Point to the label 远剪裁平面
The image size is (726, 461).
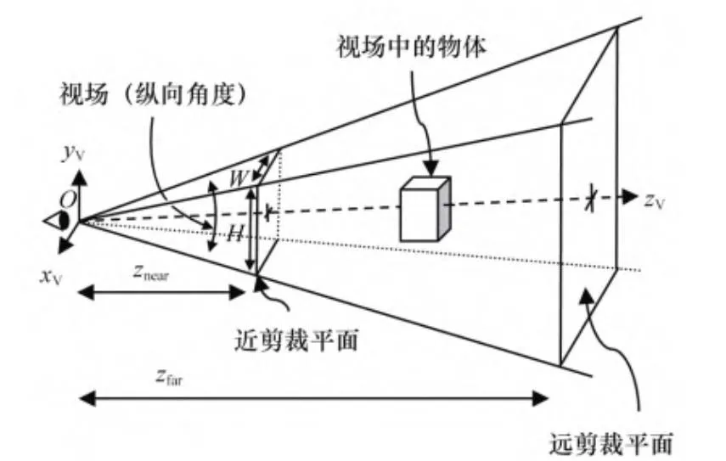click(611, 442)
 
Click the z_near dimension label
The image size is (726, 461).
click(157, 273)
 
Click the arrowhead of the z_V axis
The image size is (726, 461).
click(631, 197)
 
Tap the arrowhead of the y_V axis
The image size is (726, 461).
click(78, 177)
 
